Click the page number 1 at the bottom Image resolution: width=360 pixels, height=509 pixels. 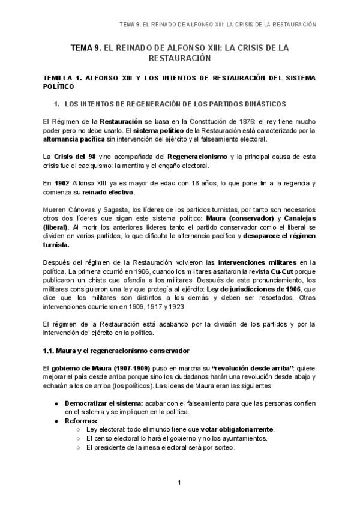tap(179, 483)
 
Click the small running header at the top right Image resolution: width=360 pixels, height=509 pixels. tap(217, 25)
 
